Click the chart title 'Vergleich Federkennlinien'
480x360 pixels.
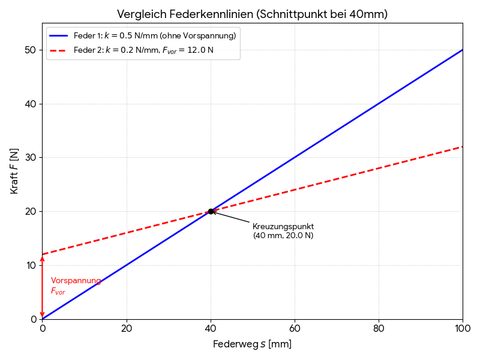(x=252, y=14)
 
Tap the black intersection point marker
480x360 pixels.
(x=211, y=211)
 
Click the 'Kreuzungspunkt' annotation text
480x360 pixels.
(x=283, y=227)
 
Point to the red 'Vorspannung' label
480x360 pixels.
(x=76, y=281)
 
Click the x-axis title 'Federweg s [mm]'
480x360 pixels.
(x=252, y=344)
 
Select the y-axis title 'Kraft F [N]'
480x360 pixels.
(x=14, y=171)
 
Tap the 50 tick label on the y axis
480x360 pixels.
(x=30, y=50)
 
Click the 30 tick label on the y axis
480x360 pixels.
(x=30, y=158)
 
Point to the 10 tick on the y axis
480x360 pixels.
(x=30, y=265)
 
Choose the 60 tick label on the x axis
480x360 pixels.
(x=295, y=329)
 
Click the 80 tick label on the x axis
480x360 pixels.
(x=379, y=329)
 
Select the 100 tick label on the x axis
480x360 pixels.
(x=463, y=329)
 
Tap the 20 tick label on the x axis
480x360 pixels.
(x=126, y=329)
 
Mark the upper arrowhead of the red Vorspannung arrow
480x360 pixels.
(x=42, y=258)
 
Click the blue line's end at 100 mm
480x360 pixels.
(x=462, y=50)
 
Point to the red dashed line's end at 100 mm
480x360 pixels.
(x=462, y=147)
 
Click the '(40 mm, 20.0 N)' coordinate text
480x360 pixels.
(x=283, y=236)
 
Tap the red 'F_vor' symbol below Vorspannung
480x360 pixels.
(x=58, y=292)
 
